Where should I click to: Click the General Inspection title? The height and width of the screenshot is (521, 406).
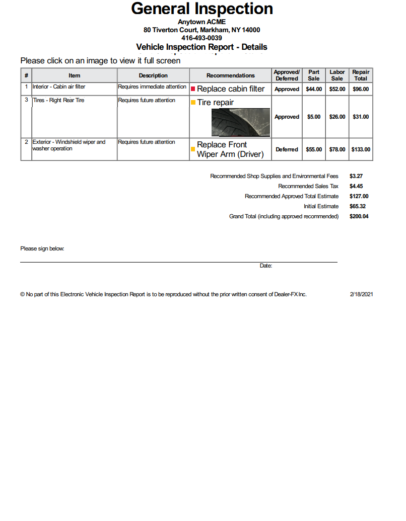pyautogui.click(x=202, y=9)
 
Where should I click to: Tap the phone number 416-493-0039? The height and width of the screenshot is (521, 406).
pyautogui.click(x=201, y=38)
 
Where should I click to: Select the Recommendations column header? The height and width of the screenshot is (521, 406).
pyautogui.click(x=230, y=75)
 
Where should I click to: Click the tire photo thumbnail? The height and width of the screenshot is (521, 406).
pyautogui.click(x=240, y=122)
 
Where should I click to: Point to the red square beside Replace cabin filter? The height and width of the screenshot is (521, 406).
pyautogui.click(x=193, y=89)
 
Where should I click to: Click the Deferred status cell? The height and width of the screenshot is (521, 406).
pyautogui.click(x=287, y=149)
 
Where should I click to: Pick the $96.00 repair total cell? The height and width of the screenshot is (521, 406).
pyautogui.click(x=361, y=89)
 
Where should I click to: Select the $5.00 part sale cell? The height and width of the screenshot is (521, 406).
pyautogui.click(x=313, y=117)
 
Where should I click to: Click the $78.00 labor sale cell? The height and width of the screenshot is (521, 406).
pyautogui.click(x=337, y=149)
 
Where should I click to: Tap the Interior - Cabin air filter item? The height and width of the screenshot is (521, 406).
pyautogui.click(x=59, y=86)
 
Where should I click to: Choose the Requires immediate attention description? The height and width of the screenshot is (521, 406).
pyautogui.click(x=152, y=86)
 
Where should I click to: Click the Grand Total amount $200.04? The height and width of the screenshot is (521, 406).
pyautogui.click(x=359, y=216)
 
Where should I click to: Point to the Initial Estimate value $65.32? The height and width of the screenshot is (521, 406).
pyautogui.click(x=357, y=206)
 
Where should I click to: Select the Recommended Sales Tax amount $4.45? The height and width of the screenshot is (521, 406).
pyautogui.click(x=356, y=186)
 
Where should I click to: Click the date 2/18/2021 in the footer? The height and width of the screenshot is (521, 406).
pyautogui.click(x=361, y=294)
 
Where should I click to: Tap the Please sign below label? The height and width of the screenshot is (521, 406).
pyautogui.click(x=42, y=248)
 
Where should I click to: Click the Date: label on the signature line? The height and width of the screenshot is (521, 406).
pyautogui.click(x=266, y=266)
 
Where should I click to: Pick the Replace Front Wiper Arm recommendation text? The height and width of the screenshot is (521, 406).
pyautogui.click(x=230, y=149)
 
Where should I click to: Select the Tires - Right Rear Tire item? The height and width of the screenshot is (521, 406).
pyautogui.click(x=58, y=100)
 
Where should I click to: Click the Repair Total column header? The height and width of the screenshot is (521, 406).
pyautogui.click(x=361, y=75)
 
